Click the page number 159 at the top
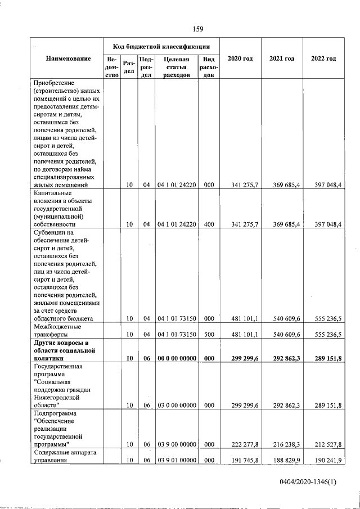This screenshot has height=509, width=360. [x=197, y=29]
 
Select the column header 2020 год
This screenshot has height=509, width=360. [x=240, y=59]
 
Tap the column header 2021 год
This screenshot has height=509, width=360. [x=282, y=59]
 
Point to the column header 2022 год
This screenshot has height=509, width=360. [x=323, y=59]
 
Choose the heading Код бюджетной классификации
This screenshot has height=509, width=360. [x=161, y=46]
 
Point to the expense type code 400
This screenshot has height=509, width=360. [x=209, y=224]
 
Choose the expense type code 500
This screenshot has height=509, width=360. [x=209, y=334]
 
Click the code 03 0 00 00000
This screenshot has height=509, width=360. [x=175, y=404]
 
